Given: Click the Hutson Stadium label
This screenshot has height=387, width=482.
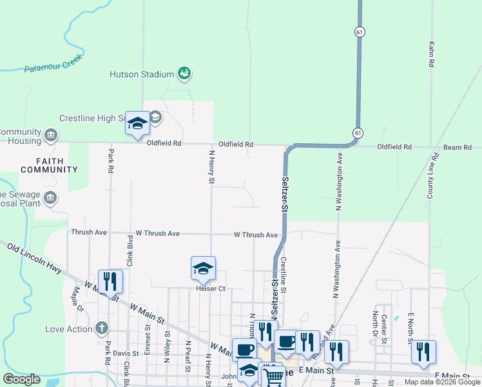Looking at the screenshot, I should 141,74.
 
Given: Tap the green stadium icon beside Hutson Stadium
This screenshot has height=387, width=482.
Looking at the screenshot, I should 185,74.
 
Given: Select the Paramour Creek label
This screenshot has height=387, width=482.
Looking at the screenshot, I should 54,67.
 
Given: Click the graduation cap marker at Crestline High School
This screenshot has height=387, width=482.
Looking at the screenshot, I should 137,123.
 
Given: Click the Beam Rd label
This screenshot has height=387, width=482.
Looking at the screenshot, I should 458,148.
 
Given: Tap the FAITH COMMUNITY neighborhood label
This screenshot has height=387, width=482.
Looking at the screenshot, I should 49,165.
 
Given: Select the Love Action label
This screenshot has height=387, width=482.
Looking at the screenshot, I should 69,329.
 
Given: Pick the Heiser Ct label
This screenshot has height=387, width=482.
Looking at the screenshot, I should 211,288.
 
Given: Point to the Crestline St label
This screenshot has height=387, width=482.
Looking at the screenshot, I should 284,274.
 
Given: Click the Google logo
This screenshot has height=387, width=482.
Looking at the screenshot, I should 21,379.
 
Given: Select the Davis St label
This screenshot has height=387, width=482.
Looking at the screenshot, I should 126,353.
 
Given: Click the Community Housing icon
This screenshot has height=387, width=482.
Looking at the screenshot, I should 50,135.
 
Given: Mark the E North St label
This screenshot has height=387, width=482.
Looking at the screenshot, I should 409,328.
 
